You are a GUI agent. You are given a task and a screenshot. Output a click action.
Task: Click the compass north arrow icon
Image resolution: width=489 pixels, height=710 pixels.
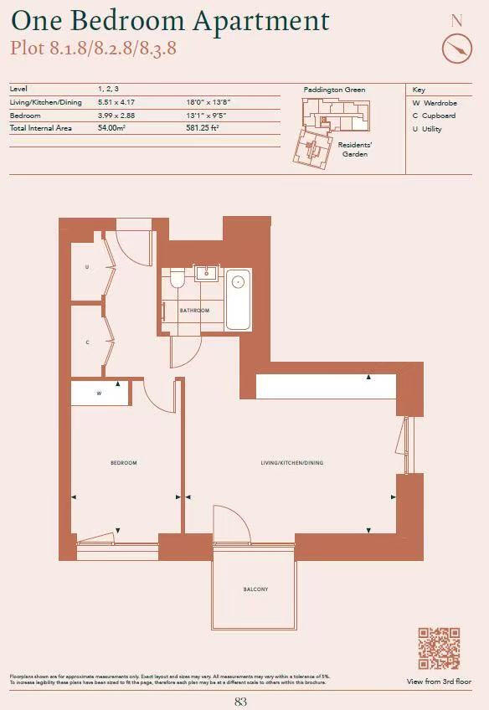click(457, 49)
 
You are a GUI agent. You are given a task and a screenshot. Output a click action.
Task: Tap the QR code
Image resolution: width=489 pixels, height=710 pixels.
click(439, 648)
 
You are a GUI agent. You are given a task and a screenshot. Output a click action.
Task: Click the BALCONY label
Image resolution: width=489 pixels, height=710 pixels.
click(255, 589)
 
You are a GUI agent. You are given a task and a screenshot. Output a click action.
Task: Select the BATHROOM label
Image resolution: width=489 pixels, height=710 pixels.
click(194, 311)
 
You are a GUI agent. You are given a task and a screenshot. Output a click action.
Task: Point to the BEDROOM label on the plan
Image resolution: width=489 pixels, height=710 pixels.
click(124, 463)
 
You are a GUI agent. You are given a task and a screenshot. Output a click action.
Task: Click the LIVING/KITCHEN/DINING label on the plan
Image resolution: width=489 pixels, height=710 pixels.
click(292, 463)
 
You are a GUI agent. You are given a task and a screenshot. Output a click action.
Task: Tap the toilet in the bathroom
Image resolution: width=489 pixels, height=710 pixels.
click(177, 280)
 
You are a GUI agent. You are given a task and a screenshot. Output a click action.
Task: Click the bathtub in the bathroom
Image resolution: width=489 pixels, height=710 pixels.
click(239, 299)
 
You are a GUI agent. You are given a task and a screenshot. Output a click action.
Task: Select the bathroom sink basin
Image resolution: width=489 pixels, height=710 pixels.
click(206, 273)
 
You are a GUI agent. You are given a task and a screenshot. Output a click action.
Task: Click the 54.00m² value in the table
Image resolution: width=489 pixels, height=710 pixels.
click(111, 128)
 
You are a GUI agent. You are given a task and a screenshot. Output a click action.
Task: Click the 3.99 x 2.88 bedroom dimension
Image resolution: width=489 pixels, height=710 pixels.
click(116, 115)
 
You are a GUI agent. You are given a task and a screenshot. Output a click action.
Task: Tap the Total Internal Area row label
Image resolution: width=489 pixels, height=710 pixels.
click(40, 128)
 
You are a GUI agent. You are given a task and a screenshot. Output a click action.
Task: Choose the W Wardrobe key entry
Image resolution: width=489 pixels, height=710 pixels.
click(434, 103)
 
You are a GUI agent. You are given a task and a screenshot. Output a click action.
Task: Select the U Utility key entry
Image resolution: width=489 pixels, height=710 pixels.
click(427, 130)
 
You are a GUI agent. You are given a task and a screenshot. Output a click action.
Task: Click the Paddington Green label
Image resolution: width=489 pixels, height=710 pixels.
click(334, 90)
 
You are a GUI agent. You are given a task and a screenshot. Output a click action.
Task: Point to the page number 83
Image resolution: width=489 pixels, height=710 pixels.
click(241, 702)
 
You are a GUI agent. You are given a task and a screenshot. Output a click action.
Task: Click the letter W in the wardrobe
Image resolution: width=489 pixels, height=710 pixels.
click(99, 393)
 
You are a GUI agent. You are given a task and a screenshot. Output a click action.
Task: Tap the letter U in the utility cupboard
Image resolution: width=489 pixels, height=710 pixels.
click(87, 267)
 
